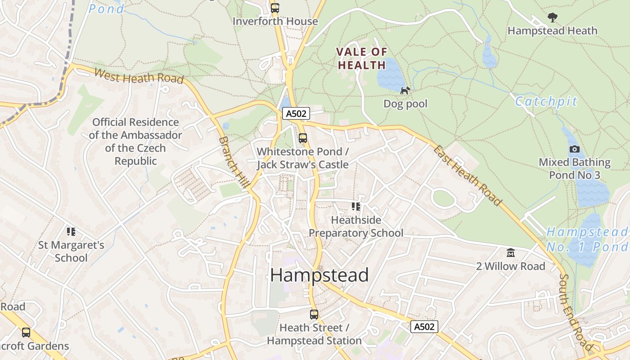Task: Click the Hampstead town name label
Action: pyautogui.click(x=319, y=275)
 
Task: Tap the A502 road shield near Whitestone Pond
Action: pyautogui.click(x=296, y=113)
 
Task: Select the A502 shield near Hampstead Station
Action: pyautogui.click(x=424, y=327)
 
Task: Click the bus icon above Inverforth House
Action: pyautogui.click(x=275, y=8)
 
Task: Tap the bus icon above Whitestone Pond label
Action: pyautogui.click(x=303, y=138)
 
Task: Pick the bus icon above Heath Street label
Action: pyautogui.click(x=314, y=315)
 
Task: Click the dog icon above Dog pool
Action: pyautogui.click(x=405, y=90)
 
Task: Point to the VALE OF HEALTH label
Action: pyautogui.click(x=362, y=58)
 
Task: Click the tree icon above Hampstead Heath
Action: pyautogui.click(x=552, y=18)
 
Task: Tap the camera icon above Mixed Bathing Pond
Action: pyautogui.click(x=575, y=149)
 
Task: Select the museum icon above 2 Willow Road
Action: pyautogui.click(x=510, y=253)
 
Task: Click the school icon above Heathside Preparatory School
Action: pyautogui.click(x=356, y=207)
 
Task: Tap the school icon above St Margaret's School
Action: pyautogui.click(x=71, y=232)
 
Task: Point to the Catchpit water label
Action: pyautogui.click(x=546, y=102)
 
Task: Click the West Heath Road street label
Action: pyautogui.click(x=139, y=76)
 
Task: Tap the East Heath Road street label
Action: pyautogui.click(x=467, y=175)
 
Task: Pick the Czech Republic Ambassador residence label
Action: pyautogui.click(x=135, y=141)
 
